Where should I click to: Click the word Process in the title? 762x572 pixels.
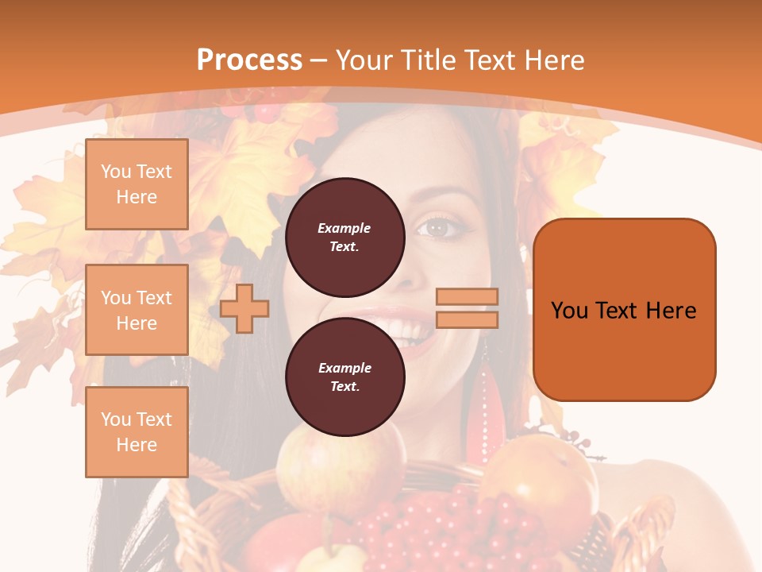(249, 60)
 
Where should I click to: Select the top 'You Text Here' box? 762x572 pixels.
(137, 184)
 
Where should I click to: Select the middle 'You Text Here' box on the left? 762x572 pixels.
(137, 310)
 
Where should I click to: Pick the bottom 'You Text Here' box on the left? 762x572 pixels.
(137, 431)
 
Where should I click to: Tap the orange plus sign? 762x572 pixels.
(244, 308)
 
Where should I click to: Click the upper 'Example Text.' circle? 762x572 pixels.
(344, 237)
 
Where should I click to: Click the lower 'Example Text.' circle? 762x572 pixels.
(344, 377)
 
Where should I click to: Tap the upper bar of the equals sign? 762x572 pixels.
(467, 296)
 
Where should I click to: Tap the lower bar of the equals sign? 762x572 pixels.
(467, 319)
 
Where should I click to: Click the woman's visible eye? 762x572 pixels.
(438, 228)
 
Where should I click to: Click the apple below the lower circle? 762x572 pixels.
(317, 469)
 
